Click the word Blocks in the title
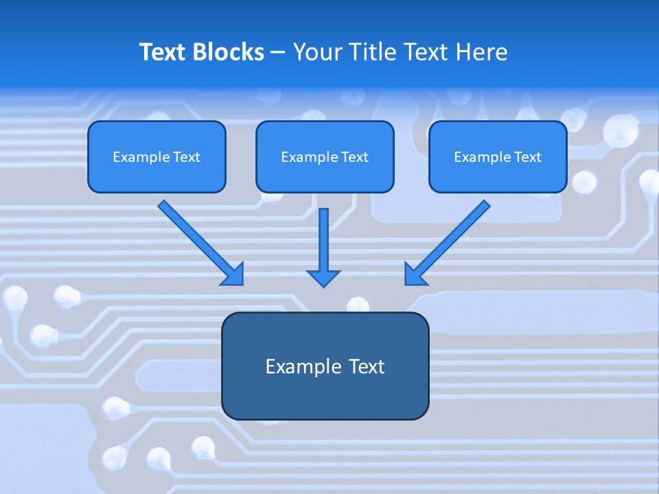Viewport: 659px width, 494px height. pyautogui.click(x=228, y=52)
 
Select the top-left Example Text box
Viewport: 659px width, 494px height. pyautogui.click(x=157, y=157)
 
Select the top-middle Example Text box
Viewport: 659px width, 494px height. pyautogui.click(x=325, y=157)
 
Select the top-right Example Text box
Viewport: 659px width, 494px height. pyautogui.click(x=498, y=157)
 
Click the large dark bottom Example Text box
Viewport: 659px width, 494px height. pyautogui.click(x=325, y=366)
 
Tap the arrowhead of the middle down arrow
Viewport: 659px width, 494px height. pyautogui.click(x=323, y=278)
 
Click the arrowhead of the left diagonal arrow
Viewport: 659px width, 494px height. pyautogui.click(x=234, y=275)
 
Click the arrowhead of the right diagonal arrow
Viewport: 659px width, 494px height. pyautogui.click(x=415, y=274)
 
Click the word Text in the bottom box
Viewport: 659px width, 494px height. pyautogui.click(x=365, y=366)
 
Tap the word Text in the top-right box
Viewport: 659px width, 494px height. pyautogui.click(x=527, y=157)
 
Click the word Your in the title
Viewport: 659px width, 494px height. pyautogui.click(x=315, y=52)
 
